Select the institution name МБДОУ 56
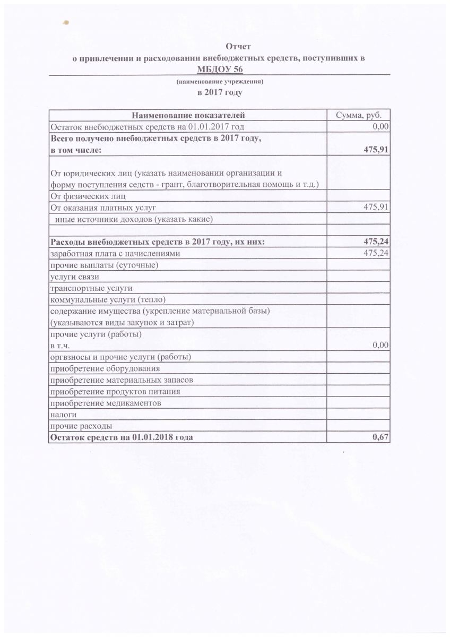click(x=220, y=69)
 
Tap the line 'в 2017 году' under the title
click(x=220, y=92)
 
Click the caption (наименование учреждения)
click(x=220, y=82)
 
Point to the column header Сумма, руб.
click(x=359, y=115)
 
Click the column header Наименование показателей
click(x=188, y=115)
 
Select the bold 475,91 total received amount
click(x=376, y=150)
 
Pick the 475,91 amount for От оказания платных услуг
click(x=376, y=207)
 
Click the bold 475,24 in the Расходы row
click(x=376, y=242)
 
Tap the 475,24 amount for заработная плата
click(x=376, y=253)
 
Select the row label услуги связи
click(x=74, y=277)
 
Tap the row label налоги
click(x=63, y=414)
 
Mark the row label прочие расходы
click(x=80, y=426)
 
